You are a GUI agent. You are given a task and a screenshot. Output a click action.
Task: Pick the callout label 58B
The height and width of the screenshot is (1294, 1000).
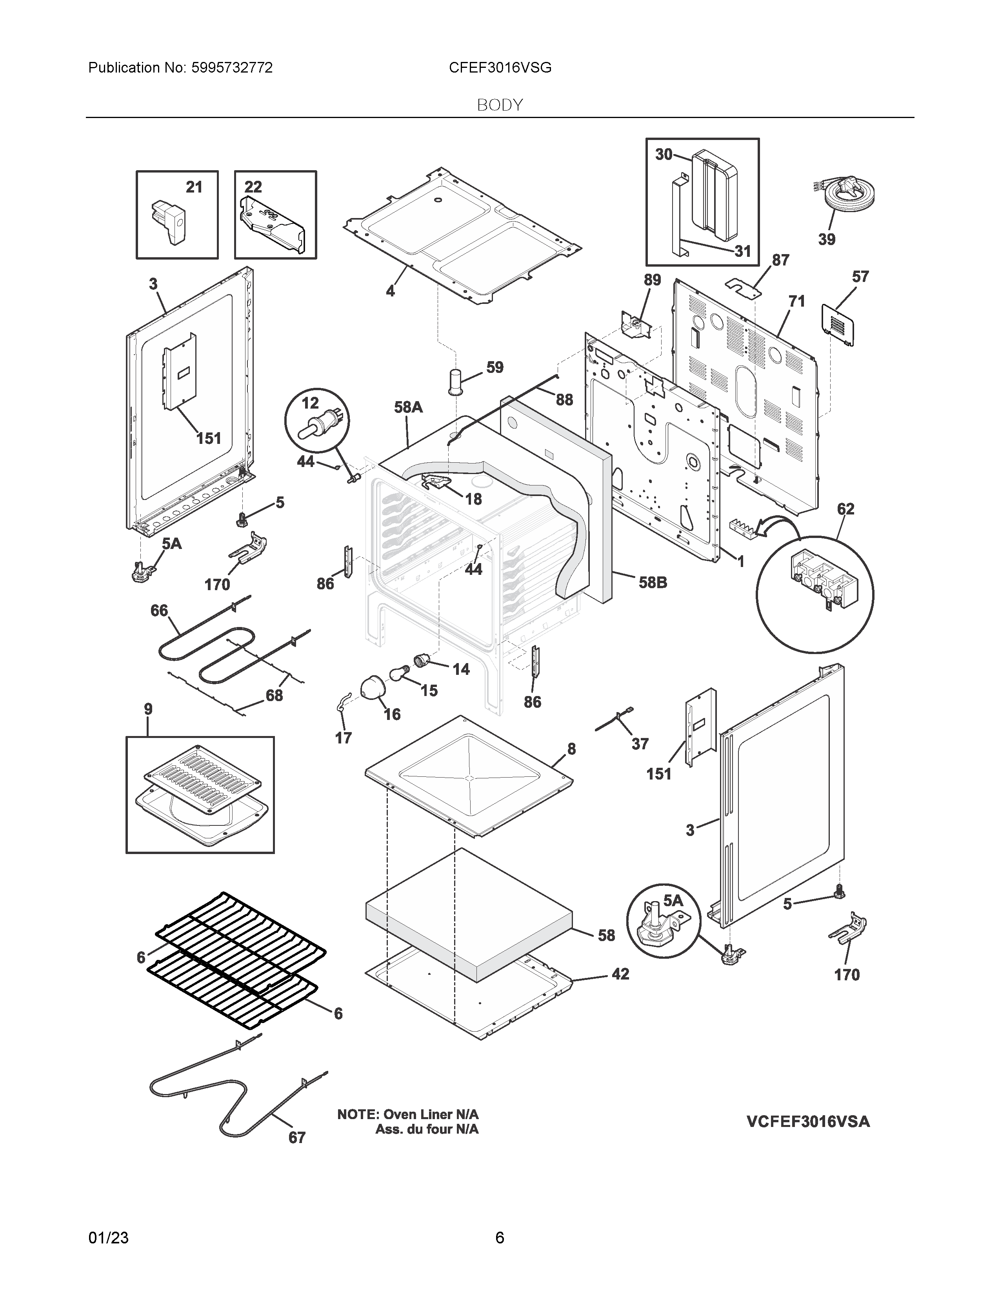653,583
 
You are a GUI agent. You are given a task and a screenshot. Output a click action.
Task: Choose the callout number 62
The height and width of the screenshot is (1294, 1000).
845,509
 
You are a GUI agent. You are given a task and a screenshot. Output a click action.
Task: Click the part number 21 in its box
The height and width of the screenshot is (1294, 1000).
194,187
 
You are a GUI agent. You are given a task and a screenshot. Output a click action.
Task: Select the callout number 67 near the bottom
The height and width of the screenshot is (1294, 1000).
297,1138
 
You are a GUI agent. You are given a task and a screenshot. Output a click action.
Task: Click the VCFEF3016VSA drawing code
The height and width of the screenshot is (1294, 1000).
808,1121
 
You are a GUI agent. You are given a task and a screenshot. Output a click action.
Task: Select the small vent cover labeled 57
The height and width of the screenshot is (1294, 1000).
838,324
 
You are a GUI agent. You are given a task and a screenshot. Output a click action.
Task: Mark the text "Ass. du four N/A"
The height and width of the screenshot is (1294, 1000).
427,1129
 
